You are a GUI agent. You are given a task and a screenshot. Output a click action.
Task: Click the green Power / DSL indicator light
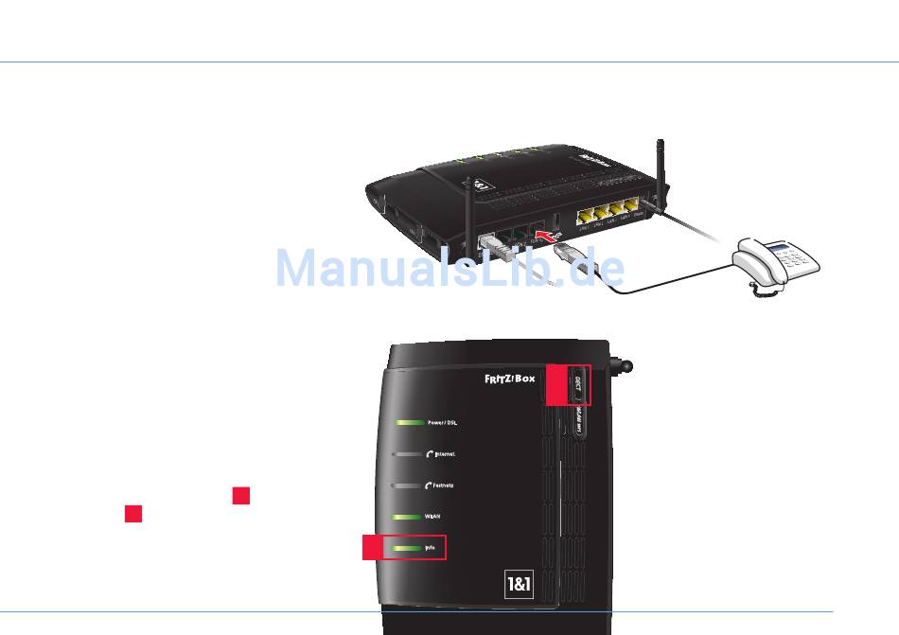(409, 422)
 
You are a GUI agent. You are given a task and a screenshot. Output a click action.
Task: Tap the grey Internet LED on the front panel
(409, 454)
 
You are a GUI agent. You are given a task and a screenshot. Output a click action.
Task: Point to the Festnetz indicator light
(409, 485)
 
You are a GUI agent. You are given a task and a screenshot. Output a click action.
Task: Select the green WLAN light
(409, 517)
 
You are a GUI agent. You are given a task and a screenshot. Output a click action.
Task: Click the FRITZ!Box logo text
(510, 379)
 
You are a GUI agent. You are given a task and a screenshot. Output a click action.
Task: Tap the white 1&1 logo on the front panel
(520, 585)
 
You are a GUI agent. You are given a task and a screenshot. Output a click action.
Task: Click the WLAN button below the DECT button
(577, 421)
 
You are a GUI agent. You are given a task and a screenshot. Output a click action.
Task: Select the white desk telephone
(776, 263)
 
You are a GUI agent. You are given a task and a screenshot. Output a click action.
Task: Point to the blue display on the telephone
(779, 248)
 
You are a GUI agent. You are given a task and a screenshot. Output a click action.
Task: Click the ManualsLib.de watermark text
(449, 268)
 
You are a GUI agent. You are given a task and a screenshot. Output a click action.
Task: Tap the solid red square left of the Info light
(374, 548)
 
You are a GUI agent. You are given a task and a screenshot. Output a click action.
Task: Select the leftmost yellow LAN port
(585, 215)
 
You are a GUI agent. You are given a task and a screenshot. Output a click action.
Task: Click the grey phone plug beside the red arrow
(565, 253)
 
